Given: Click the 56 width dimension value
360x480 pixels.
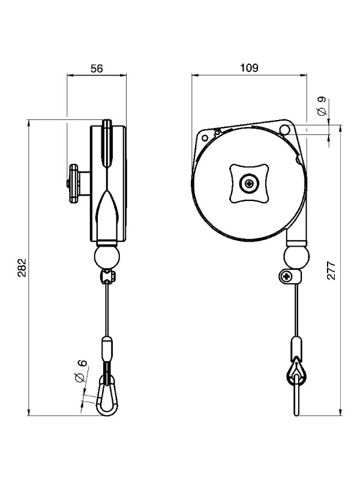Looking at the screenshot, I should [97, 68].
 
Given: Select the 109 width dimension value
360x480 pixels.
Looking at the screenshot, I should [250, 68].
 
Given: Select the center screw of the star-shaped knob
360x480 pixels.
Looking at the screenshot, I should [248, 183].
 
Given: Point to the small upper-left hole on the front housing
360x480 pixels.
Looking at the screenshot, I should [205, 137].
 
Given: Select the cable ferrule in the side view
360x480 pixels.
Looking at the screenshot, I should [107, 349].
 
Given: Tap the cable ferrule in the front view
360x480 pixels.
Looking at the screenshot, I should [296, 347].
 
